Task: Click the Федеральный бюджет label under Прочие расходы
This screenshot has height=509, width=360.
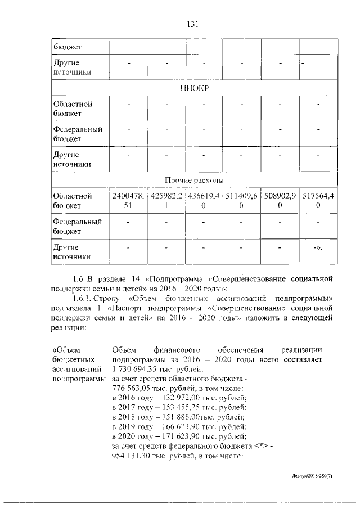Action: point(77,226)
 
